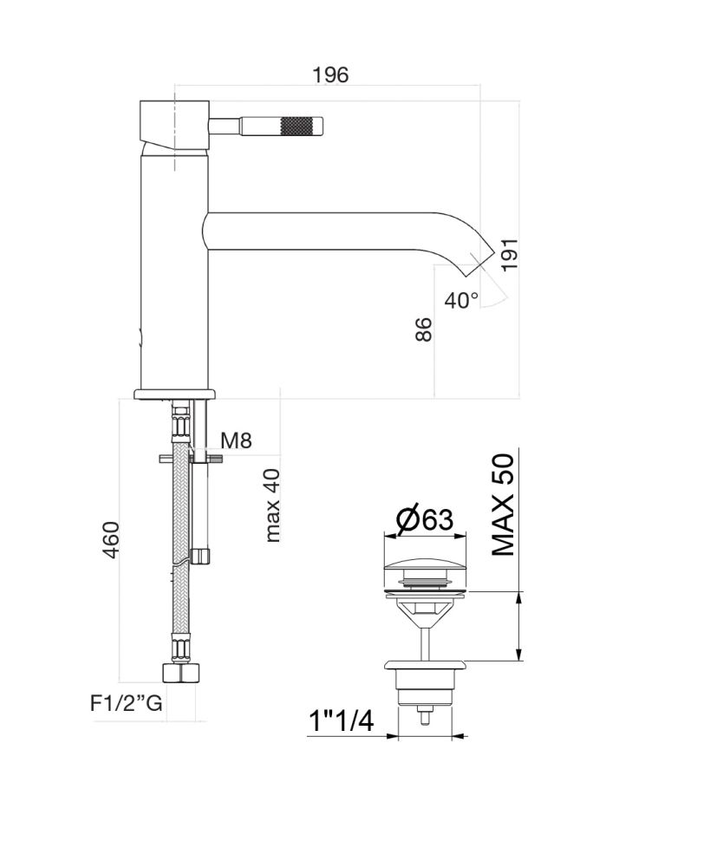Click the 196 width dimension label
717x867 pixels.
tap(330, 75)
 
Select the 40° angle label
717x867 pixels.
tap(461, 301)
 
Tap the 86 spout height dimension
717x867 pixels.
tap(422, 330)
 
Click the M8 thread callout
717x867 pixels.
tap(236, 440)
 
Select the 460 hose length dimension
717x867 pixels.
tap(111, 542)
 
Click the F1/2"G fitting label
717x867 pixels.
tap(127, 704)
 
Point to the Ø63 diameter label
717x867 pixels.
tap(425, 519)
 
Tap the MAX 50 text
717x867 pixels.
tap(504, 505)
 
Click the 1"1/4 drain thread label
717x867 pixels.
tap(341, 721)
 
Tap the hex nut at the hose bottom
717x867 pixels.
tap(182, 673)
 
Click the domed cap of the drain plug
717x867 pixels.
tap(425, 571)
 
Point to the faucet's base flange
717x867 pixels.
tap(173, 393)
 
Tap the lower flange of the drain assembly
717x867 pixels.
tap(425, 666)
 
